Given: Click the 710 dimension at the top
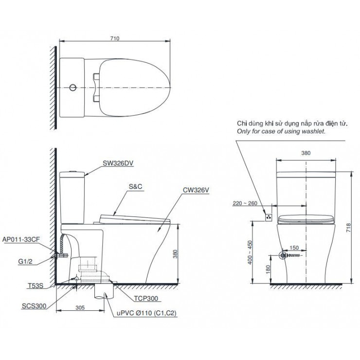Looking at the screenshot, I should (115, 38).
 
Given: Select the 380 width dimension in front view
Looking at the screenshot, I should (306, 152).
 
